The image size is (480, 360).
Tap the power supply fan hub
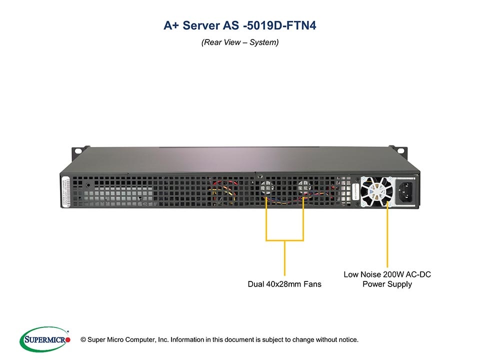(375, 190)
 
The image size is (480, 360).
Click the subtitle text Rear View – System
(240, 42)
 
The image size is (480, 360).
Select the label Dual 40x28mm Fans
(284, 284)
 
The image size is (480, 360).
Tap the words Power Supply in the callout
(387, 284)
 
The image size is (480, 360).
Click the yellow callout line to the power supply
(387, 235)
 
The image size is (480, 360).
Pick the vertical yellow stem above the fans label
(284, 257)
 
